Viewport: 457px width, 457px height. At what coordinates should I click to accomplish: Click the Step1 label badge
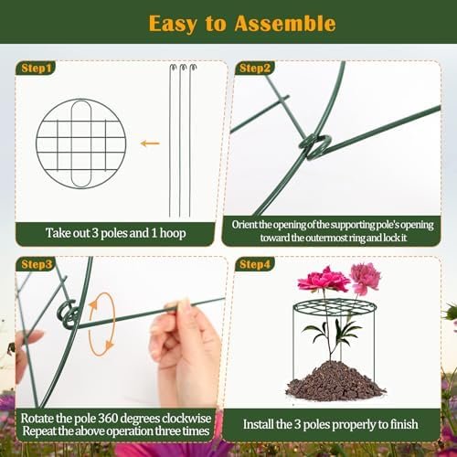coord(36,68)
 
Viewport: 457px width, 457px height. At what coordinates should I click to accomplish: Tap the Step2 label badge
coord(255,68)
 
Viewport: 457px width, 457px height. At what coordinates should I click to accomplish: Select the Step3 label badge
coord(37,264)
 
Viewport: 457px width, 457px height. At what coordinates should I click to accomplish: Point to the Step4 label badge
coord(255,264)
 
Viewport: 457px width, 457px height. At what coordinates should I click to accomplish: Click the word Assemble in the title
coord(285,24)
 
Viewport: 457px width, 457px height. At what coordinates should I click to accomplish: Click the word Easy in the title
coord(173,25)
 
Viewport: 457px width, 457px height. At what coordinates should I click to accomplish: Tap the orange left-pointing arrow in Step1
coord(150,143)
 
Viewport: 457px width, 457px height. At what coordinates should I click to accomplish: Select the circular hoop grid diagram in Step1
coord(81,143)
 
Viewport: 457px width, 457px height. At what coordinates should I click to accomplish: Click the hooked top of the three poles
coord(183,68)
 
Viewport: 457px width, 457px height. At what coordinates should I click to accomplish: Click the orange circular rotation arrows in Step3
coord(101,324)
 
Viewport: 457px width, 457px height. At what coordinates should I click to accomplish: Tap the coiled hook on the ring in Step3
coord(68,314)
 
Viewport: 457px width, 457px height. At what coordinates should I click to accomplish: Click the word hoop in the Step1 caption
coord(173,233)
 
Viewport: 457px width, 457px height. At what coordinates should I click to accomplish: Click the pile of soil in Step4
coord(335,381)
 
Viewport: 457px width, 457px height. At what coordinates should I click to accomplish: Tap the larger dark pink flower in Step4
coord(323,279)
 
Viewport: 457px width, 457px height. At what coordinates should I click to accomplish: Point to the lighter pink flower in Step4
coord(365,278)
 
